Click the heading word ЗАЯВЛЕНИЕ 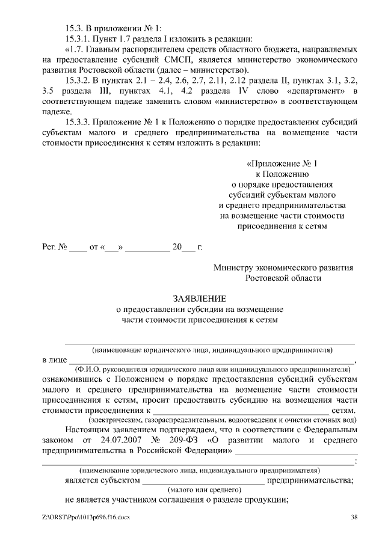pyautogui.click(x=200, y=299)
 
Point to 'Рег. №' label pyautogui.click(x=54, y=247)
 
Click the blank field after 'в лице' pyautogui.click(x=211, y=360)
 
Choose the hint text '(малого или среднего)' pyautogui.click(x=201, y=490)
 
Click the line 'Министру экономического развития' pyautogui.click(x=283, y=267)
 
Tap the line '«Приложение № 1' pyautogui.click(x=282, y=164)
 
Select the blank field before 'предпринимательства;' pyautogui.click(x=203, y=480)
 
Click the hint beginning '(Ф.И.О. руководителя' pyautogui.click(x=213, y=369)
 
